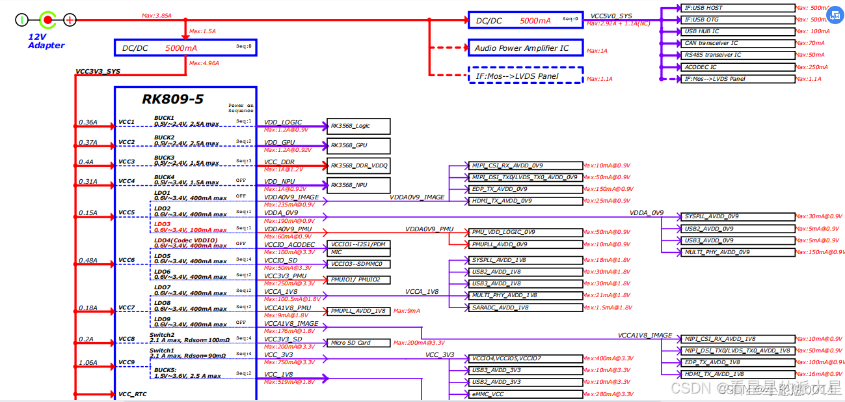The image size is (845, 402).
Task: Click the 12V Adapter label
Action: [46, 41]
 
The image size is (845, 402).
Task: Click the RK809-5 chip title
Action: [172, 99]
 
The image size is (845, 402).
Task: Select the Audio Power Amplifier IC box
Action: [525, 48]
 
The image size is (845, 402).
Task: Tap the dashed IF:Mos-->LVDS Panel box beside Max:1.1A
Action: [525, 76]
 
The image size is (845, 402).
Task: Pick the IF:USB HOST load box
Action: [738, 8]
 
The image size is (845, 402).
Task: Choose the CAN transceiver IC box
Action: [738, 43]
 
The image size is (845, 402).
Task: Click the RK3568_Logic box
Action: [358, 126]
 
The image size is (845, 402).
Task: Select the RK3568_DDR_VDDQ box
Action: [358, 165]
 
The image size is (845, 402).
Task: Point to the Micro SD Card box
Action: [358, 343]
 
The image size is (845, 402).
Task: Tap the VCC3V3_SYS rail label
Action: [98, 72]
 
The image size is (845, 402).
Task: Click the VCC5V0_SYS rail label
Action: [611, 16]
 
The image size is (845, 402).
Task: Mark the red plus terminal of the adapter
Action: [70, 20]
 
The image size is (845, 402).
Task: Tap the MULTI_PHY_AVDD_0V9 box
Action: [738, 252]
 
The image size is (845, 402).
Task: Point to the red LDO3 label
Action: [162, 224]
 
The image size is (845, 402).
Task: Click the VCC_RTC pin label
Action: [132, 394]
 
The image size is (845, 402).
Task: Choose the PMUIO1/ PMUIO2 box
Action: [358, 280]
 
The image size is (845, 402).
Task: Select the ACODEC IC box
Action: [738, 67]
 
